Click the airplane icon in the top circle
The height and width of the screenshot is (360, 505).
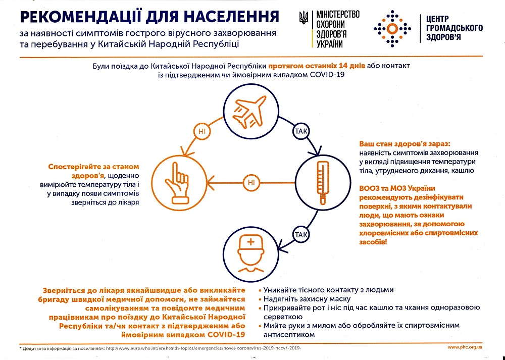point(250,112)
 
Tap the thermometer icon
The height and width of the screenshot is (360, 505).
point(323,183)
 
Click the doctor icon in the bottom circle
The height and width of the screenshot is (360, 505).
point(250,254)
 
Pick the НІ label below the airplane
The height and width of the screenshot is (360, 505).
point(202,131)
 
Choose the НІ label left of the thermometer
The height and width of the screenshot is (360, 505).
point(251,183)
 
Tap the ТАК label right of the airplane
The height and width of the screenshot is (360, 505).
point(301,131)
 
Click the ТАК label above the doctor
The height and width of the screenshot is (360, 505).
point(301,235)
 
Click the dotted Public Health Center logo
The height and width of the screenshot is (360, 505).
point(392,29)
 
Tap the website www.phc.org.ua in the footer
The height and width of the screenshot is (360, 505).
point(465,347)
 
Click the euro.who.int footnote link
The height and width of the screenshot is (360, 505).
point(204,348)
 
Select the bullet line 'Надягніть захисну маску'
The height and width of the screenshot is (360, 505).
point(307,299)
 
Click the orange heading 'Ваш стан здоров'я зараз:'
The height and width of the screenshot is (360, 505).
point(405,144)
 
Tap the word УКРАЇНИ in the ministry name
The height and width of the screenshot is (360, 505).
point(329,44)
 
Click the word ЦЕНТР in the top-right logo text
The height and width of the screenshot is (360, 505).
point(437,19)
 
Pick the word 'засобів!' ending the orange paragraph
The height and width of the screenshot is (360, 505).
point(373,241)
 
